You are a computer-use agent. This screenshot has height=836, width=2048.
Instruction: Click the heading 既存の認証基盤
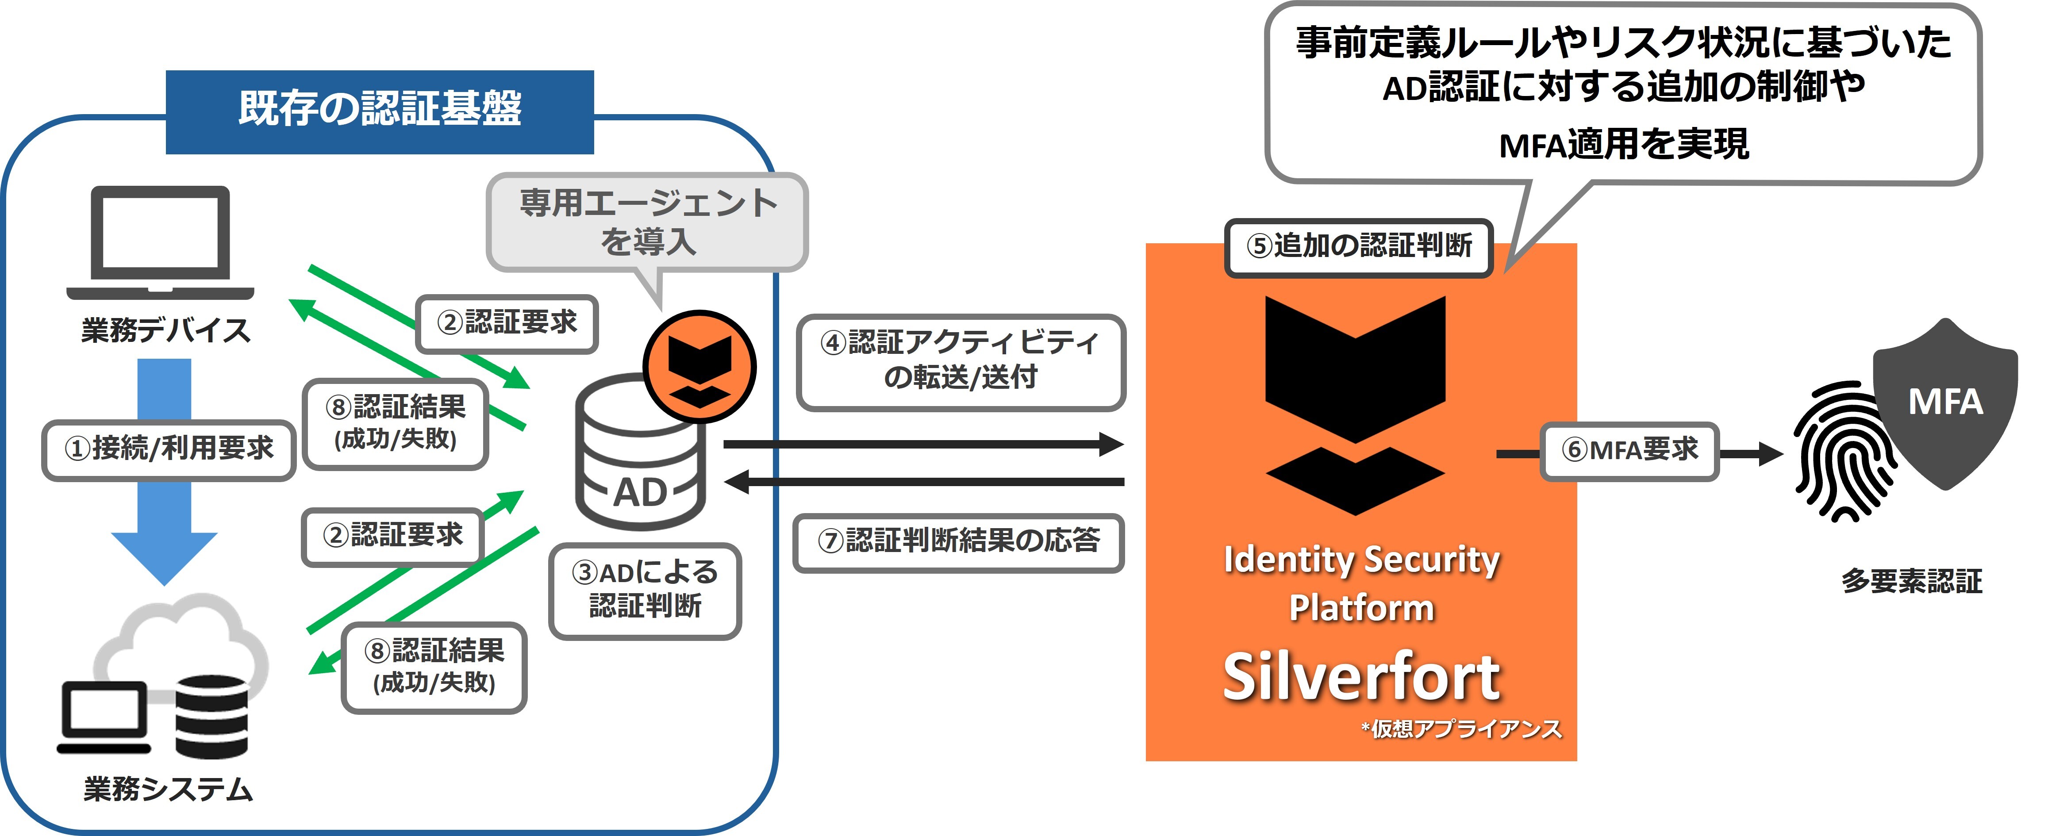(380, 110)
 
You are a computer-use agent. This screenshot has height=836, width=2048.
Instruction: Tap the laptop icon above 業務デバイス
(161, 242)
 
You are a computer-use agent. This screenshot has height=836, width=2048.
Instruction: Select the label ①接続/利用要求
(169, 449)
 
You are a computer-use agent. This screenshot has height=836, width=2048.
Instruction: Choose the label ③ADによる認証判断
(645, 590)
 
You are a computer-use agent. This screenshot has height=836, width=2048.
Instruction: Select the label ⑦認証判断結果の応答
(959, 542)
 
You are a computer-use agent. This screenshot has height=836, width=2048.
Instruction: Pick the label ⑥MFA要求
(1630, 451)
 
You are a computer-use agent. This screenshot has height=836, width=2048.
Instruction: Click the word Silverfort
(1361, 677)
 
